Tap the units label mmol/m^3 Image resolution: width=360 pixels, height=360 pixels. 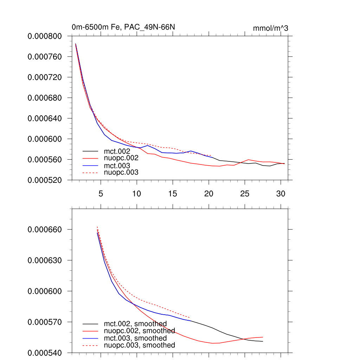(270, 28)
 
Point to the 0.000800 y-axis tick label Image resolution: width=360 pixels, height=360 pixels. (45, 36)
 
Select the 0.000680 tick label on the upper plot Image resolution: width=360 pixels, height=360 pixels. (45, 98)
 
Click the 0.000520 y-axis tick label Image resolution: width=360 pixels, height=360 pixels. (45, 180)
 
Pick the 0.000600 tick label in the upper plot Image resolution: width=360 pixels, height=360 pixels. (45, 139)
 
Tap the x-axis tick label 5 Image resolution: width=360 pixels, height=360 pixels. (101, 194)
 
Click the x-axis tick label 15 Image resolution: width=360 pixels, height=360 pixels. (173, 194)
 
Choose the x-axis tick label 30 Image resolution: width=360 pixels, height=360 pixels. (281, 194)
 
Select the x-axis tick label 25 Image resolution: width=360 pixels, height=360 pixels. (245, 194)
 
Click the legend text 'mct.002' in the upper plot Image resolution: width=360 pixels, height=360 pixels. (120, 151)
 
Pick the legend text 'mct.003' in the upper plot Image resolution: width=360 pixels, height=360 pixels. (120, 165)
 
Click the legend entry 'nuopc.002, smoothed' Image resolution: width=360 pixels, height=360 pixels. (139, 331)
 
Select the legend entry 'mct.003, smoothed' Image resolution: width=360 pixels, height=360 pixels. (135, 338)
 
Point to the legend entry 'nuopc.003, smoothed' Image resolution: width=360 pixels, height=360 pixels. (139, 345)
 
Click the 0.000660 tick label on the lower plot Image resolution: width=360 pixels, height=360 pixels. (45, 229)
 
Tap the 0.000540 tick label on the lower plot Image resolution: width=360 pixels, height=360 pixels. (45, 353)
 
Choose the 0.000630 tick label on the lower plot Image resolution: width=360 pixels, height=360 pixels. (45, 260)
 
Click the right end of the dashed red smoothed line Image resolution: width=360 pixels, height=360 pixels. (190, 317)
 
